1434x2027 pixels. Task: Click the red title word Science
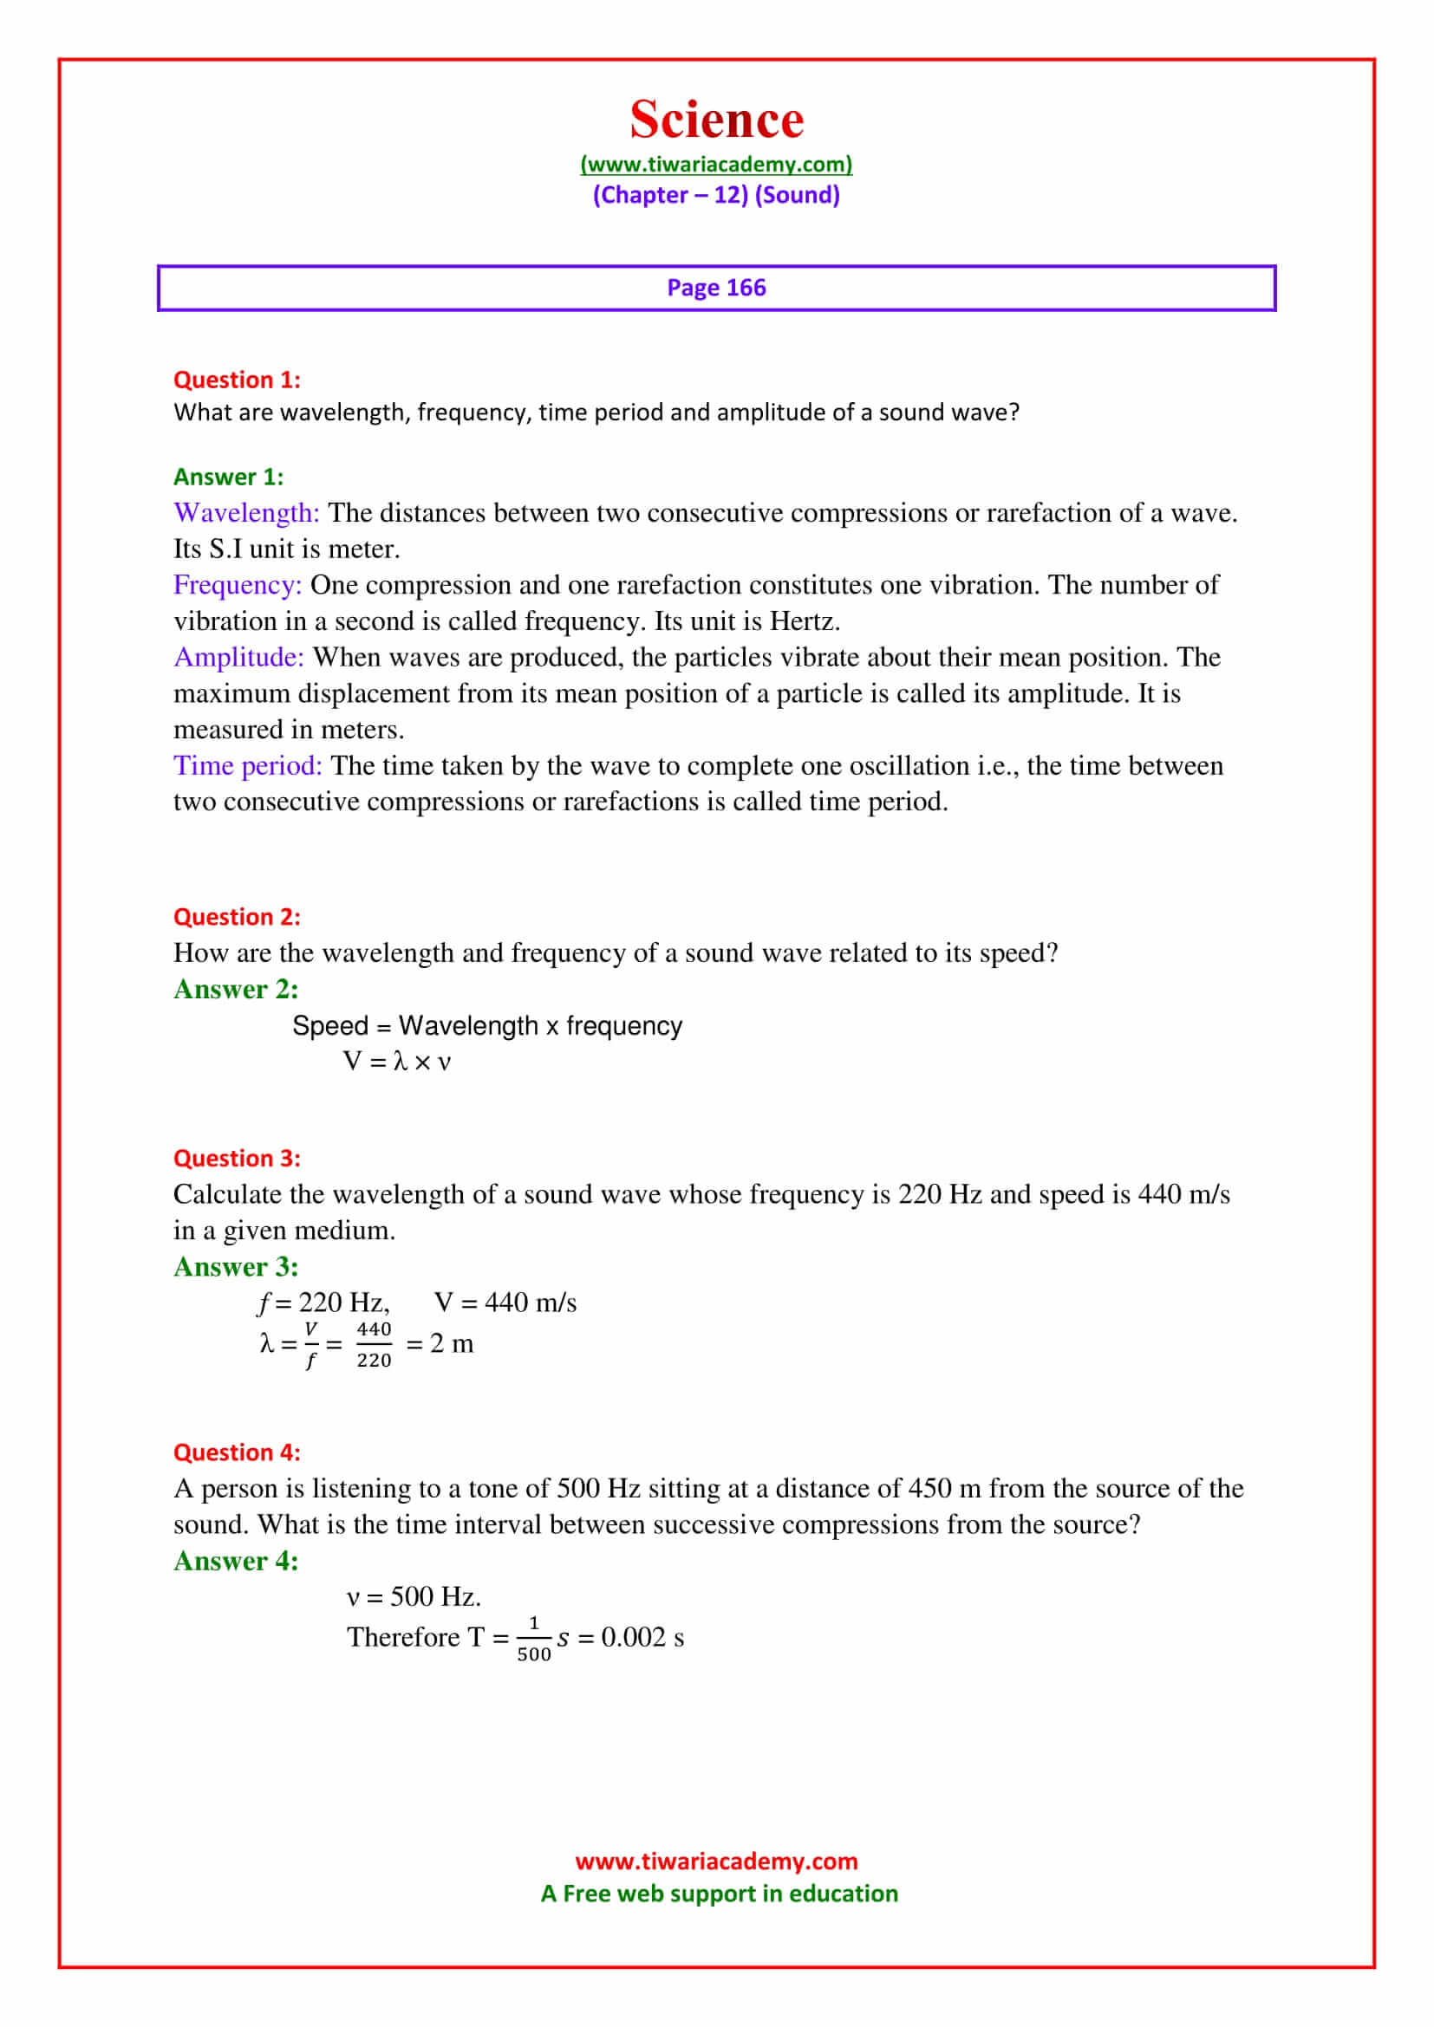716,120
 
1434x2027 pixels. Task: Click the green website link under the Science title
716,164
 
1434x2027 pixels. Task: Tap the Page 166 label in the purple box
716,288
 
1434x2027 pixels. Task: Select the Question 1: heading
237,380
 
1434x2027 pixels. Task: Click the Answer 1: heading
229,477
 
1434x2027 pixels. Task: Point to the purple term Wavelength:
246,513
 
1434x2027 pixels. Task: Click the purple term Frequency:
238,584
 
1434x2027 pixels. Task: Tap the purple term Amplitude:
238,657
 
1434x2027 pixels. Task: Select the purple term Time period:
248,765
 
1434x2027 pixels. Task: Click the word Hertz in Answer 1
803,621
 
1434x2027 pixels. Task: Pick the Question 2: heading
237,916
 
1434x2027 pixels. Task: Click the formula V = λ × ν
396,1062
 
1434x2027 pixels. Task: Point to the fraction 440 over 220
374,1345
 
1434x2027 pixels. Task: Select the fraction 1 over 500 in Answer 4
533,1639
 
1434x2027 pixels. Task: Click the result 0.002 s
642,1638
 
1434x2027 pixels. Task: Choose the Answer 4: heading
236,1561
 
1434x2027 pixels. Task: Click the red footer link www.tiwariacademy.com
716,1861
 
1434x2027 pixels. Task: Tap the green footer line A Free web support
719,1893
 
